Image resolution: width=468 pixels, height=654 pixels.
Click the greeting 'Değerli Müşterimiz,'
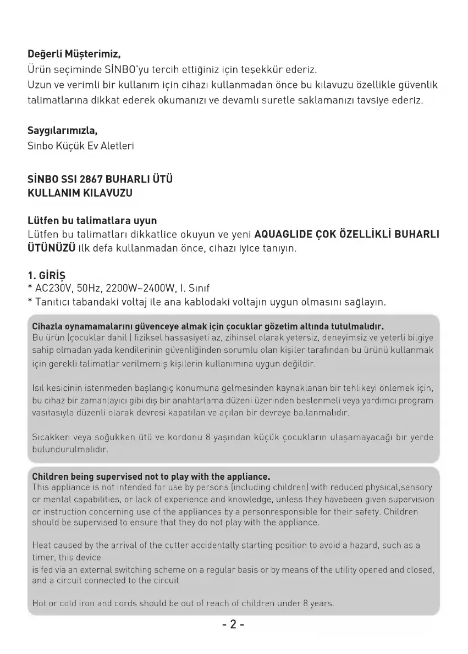(74, 55)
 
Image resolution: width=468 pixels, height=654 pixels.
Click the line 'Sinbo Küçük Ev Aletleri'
(80, 146)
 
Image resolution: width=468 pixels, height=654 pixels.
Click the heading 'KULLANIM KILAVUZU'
(80, 193)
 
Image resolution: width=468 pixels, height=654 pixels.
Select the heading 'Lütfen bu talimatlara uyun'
(92, 220)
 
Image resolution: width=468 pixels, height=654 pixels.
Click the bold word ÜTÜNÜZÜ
(51, 248)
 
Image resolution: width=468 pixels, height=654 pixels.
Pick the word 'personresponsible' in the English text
(293, 512)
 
